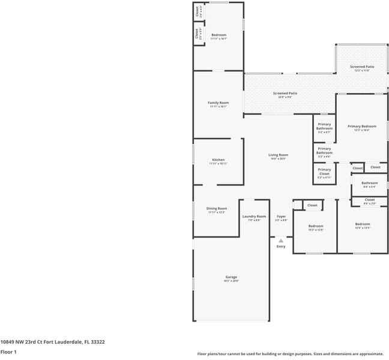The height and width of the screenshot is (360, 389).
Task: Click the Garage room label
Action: (x=231, y=277)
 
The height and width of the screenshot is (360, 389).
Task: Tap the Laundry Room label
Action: (x=254, y=216)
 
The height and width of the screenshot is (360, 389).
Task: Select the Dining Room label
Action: (x=217, y=208)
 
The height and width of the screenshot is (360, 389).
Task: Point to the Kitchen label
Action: (x=217, y=160)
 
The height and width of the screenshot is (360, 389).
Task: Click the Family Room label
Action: (x=218, y=103)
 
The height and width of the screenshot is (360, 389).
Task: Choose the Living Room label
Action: (x=278, y=155)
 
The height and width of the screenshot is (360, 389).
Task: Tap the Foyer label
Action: (x=281, y=216)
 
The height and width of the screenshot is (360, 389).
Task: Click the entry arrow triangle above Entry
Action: (x=280, y=241)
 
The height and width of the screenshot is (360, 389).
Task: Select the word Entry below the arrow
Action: (x=281, y=247)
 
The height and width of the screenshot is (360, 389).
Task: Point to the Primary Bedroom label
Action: (x=362, y=126)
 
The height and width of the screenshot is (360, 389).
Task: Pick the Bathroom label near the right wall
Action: (x=369, y=183)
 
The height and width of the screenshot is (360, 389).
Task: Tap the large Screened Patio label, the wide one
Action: (x=285, y=93)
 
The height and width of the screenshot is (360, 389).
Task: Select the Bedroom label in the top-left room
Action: (x=219, y=35)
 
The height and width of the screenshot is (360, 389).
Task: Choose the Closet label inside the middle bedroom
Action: (x=312, y=205)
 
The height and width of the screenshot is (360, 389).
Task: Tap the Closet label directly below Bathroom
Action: (x=370, y=200)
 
